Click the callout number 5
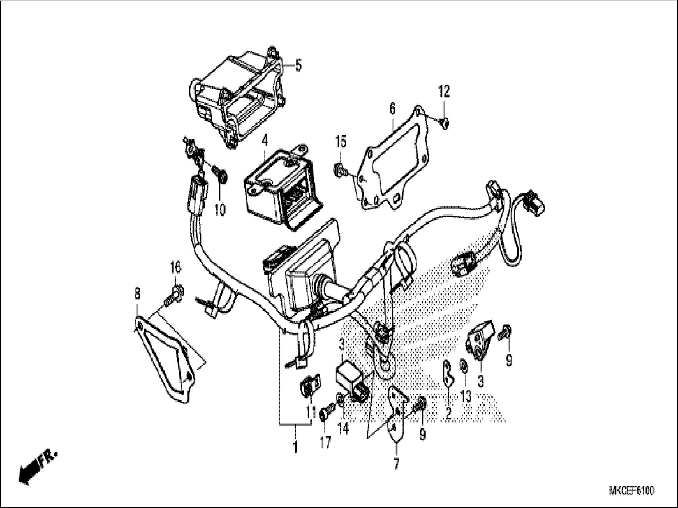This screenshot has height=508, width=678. coord(298,65)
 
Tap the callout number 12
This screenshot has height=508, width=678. coord(444,92)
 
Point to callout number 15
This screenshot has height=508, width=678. coord(341,141)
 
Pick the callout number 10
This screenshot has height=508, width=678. coord(220,209)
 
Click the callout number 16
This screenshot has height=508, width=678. coord(176,268)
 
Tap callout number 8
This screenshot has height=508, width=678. coord(137,294)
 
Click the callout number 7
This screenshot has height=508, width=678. coord(396,464)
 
